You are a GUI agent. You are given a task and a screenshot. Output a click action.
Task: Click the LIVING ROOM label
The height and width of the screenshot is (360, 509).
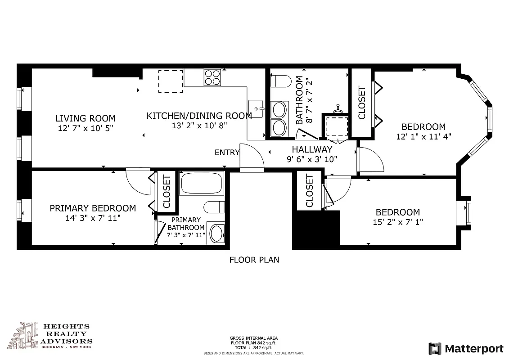[x=85, y=118]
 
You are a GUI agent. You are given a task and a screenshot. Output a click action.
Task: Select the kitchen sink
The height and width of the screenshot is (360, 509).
[x=257, y=109]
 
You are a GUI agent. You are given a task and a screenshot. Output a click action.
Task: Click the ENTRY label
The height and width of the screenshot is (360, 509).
[x=227, y=153]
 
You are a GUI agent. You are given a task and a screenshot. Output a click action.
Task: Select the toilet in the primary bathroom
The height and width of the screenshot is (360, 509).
[x=214, y=207]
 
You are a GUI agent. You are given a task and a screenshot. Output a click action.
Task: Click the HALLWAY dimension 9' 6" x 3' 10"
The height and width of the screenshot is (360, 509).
[x=312, y=159]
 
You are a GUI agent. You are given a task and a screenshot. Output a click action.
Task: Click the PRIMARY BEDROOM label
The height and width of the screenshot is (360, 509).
[x=93, y=208]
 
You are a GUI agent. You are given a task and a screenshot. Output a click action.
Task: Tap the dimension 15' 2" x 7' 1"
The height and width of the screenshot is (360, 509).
[x=398, y=221]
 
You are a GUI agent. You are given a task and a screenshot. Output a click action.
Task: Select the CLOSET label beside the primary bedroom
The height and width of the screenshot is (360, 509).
[x=167, y=191]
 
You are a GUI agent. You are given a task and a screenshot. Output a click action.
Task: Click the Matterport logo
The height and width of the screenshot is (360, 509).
[x=466, y=348]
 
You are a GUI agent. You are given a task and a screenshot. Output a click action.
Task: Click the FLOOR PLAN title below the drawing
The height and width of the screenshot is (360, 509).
[x=254, y=260]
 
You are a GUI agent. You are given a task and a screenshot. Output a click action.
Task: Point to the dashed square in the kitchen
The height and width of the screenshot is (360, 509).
[x=171, y=81]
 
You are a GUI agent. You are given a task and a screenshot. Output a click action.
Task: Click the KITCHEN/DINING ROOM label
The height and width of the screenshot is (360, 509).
[x=199, y=116]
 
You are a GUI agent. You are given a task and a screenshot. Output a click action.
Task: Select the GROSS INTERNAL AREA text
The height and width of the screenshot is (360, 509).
[x=254, y=338]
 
